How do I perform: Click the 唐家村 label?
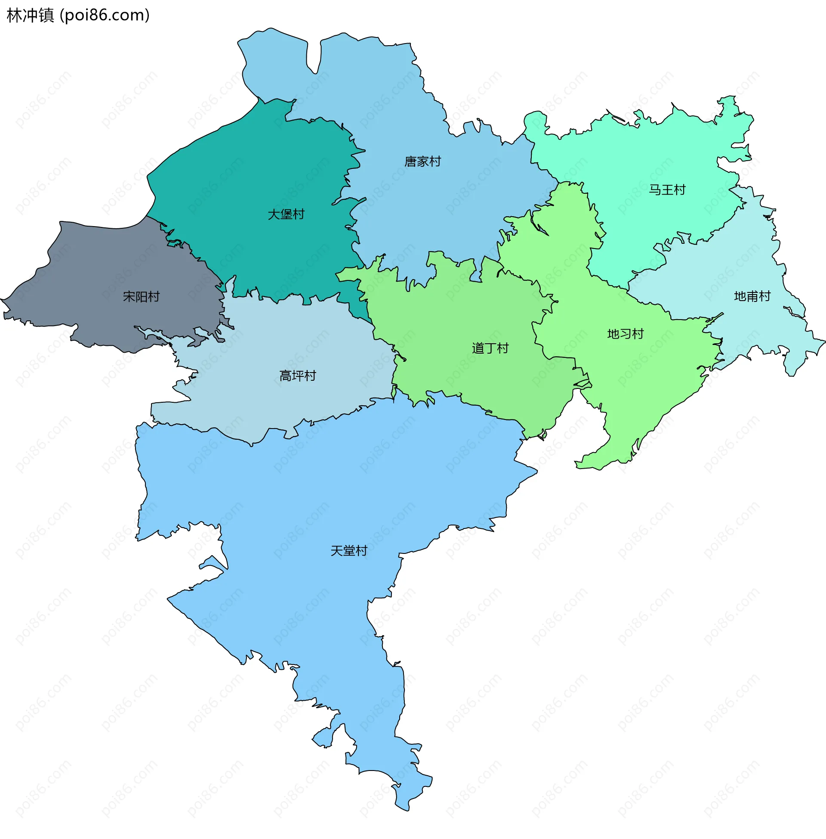tap(422, 162)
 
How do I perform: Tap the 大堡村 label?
tap(286, 214)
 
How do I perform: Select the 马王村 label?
tap(667, 190)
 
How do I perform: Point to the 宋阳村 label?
tap(142, 297)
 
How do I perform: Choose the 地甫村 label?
tap(752, 296)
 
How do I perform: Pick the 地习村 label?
tap(625, 334)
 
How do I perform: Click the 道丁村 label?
tap(490, 348)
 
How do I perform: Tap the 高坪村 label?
tap(298, 376)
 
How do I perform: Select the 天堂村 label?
tap(349, 551)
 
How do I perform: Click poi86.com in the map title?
tap(105, 15)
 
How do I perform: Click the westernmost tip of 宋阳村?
tap(2, 299)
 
